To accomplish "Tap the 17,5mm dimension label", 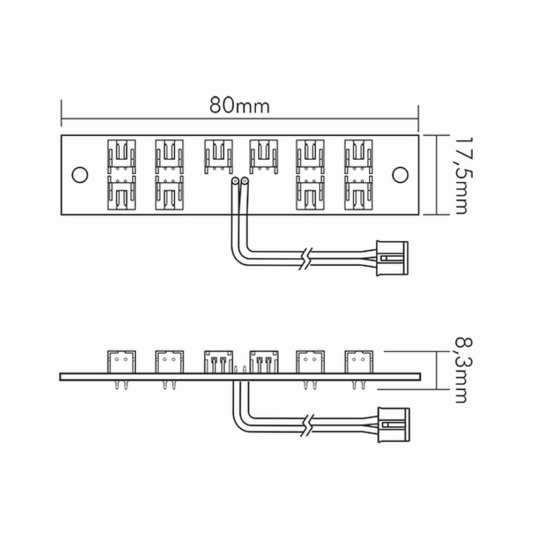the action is point(465,176).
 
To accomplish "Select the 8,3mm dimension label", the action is point(465,370).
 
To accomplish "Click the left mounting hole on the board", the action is point(80,175).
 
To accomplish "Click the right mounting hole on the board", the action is point(400,175).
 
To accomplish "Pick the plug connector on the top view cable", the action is point(392,258).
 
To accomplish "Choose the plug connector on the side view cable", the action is point(393,425).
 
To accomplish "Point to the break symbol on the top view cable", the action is point(306,258).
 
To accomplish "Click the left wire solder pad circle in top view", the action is point(235,181).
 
